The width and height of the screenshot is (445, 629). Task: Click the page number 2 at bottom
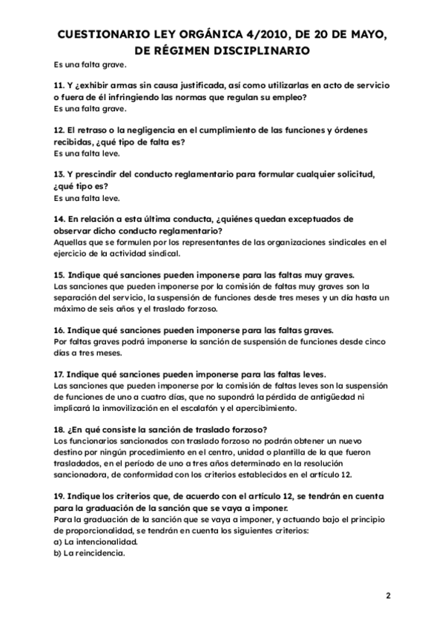tap(387, 596)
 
